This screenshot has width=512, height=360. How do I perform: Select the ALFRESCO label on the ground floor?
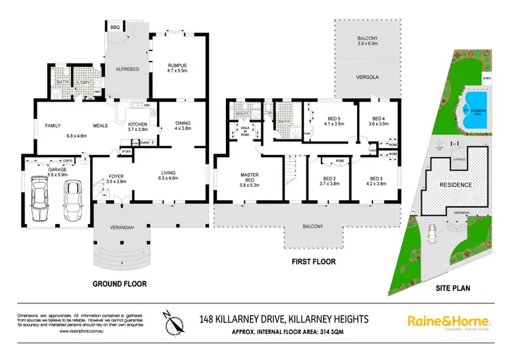(126, 69)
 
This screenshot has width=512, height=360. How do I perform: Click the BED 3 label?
(372, 180)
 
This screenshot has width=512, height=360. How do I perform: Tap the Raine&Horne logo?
(449, 320)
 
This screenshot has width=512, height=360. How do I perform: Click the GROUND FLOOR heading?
(119, 283)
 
